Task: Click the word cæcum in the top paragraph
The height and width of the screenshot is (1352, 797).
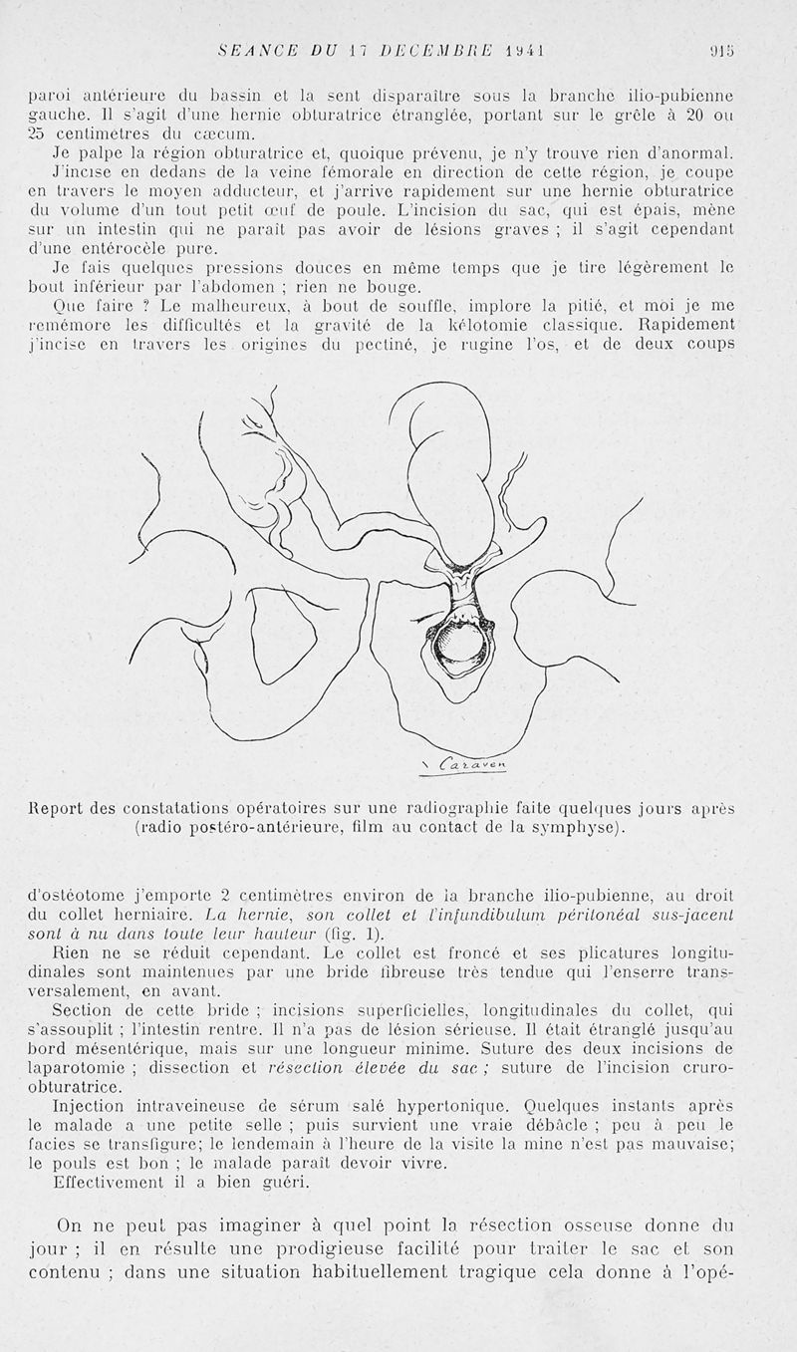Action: tap(202, 134)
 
